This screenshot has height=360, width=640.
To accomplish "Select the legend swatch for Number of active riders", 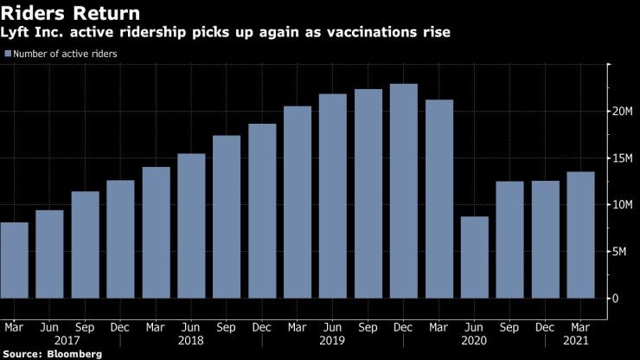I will tap(8, 54).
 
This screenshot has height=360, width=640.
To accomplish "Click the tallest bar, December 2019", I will tap(404, 190).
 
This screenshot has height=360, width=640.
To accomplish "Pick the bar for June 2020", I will tap(475, 257).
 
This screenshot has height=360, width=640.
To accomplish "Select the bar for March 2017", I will tap(14, 260).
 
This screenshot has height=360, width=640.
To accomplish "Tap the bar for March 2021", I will tap(580, 235).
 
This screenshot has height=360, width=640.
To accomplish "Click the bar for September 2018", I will tap(227, 216).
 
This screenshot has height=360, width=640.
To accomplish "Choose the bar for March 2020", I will tap(439, 198).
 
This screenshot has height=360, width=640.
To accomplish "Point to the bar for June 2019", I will tap(333, 196).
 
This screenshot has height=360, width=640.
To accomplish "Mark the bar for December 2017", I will tap(120, 239).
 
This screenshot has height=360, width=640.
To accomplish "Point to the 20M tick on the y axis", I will tap(625, 112).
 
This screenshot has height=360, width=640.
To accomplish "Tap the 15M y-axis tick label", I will tap(625, 158).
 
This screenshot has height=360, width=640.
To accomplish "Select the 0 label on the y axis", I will tap(617, 299).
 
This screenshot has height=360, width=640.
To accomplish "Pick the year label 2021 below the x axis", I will tap(580, 341).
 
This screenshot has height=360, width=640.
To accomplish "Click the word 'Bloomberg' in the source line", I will tap(73, 354).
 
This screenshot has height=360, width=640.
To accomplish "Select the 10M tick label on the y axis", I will tap(625, 205).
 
